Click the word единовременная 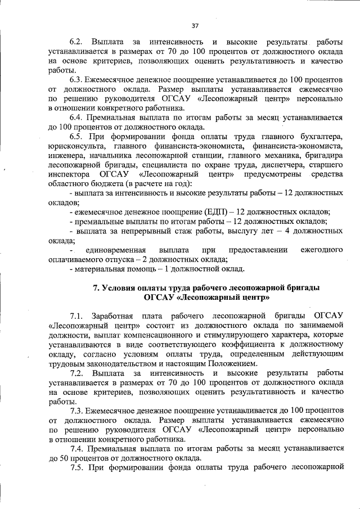(115, 249)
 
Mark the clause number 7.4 (76, 449)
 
